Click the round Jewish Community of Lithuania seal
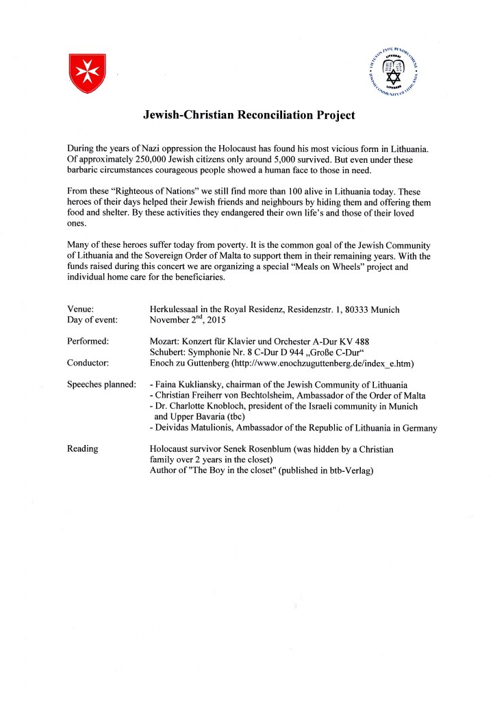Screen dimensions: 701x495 pyautogui.click(x=393, y=72)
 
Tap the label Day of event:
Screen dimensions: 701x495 pyautogui.click(x=93, y=320)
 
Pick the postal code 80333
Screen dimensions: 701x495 pyautogui.click(x=353, y=309)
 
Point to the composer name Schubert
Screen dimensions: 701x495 pyautogui.click(x=169, y=352)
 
